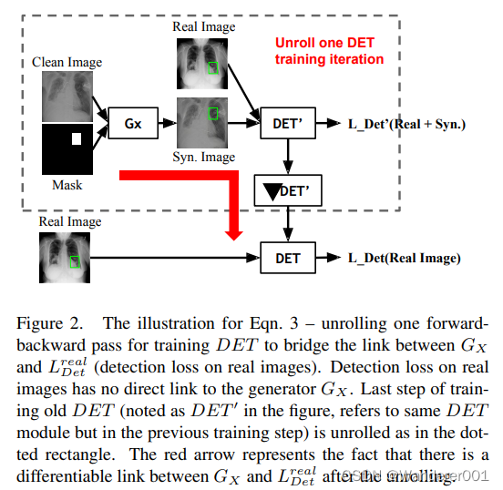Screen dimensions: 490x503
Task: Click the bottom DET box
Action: (x=288, y=258)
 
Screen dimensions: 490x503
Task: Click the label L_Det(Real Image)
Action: (x=405, y=258)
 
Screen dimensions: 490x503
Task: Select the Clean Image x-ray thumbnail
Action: (x=68, y=97)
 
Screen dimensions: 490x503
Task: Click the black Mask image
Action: (x=68, y=149)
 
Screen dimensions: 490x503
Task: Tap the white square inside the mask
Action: (x=77, y=138)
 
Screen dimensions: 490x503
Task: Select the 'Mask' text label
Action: (x=67, y=185)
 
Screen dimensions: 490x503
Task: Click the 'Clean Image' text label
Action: (x=67, y=62)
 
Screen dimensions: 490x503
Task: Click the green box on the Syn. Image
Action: (x=213, y=113)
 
